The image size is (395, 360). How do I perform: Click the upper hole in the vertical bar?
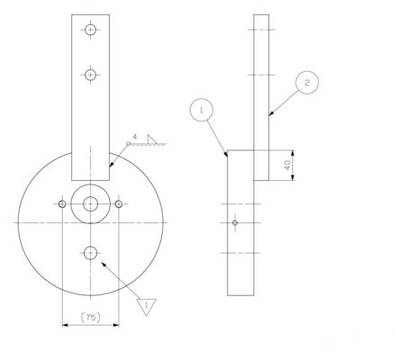[x=90, y=30]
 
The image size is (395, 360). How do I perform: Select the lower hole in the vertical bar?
[x=90, y=75]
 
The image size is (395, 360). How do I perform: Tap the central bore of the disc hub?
[x=90, y=204]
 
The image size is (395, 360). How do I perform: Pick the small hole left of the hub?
[x=60, y=204]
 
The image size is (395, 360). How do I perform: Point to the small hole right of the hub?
[x=119, y=204]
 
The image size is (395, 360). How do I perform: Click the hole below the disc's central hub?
[x=90, y=252]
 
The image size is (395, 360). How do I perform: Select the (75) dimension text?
[x=90, y=317]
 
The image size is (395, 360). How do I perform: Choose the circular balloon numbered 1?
[x=203, y=110]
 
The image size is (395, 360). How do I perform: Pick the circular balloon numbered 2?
[x=306, y=84]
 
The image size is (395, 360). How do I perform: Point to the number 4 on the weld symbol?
[x=134, y=138]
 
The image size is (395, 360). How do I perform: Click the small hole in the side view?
[x=235, y=222]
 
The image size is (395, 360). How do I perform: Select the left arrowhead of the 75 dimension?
[x=62, y=326]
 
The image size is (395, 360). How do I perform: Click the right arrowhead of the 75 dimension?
[x=117, y=326]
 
